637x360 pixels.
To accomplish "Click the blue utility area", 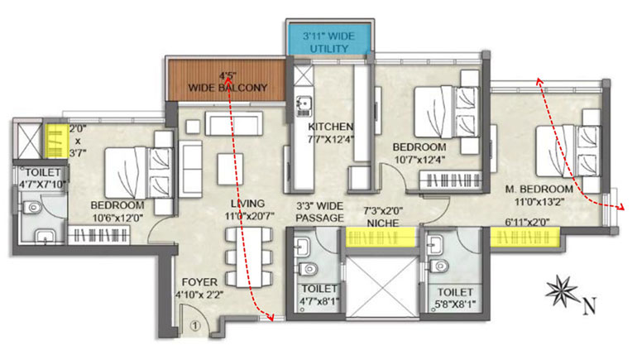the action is click(x=329, y=38).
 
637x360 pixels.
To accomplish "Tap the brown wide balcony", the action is click(x=227, y=79).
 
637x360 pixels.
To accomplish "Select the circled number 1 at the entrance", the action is click(x=195, y=325).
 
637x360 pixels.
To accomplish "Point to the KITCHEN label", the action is click(x=331, y=127).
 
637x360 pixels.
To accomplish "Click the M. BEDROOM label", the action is click(x=539, y=189).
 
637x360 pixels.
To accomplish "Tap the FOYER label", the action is click(x=199, y=282).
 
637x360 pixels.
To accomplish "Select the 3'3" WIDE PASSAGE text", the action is click(x=319, y=212).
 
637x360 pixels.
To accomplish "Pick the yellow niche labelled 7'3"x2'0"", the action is click(x=381, y=237).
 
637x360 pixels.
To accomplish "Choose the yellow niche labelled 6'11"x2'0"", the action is click(x=524, y=237).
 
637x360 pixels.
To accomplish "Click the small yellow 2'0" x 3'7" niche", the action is click(x=56, y=141).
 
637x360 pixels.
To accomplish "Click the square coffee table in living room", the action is click(x=230, y=169).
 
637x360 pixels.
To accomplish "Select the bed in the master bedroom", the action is click(x=568, y=151).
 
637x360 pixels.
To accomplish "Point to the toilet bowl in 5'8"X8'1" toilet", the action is click(x=439, y=266).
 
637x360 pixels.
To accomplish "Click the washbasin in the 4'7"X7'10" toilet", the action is click(x=45, y=236).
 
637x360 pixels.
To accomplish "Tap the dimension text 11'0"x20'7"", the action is click(x=250, y=216).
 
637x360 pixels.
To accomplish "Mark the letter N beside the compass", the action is click(x=590, y=305).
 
